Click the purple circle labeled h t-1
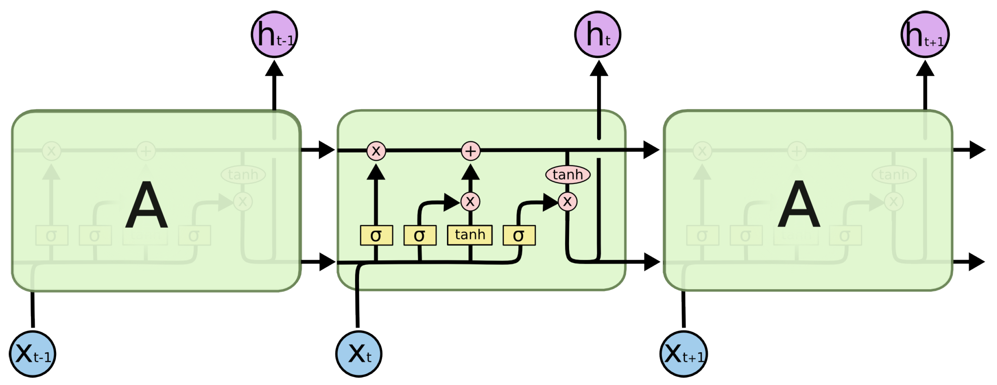point(274,34)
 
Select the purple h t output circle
point(597,34)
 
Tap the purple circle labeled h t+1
point(925,34)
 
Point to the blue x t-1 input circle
point(32,354)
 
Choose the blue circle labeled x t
point(359,354)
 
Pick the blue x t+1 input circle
point(684,354)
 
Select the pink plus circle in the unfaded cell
point(471,151)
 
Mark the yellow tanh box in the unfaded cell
point(470,235)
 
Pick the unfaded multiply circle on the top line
point(376,151)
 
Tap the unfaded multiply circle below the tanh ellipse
point(567,201)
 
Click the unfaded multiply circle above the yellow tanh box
point(470,201)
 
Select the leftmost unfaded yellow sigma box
point(376,235)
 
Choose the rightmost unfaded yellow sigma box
point(519,235)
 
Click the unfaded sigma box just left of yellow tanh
point(420,235)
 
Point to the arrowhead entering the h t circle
point(599,68)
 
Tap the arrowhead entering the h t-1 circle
point(274,68)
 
